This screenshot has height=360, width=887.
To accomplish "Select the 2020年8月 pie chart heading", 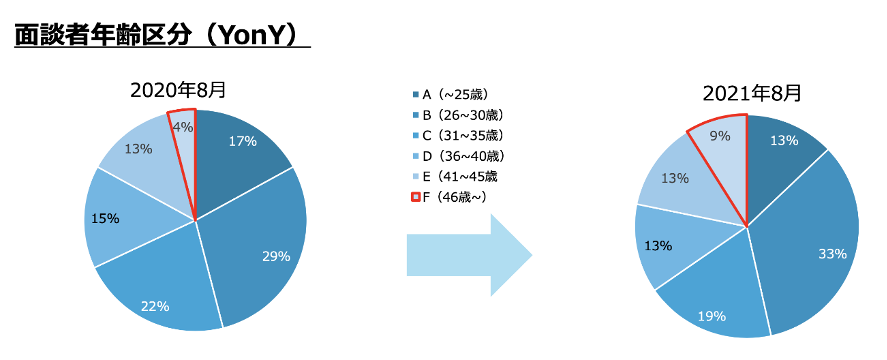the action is (178, 90).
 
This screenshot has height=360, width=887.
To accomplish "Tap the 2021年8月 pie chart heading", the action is (752, 93).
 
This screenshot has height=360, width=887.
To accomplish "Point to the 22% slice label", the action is (155, 306).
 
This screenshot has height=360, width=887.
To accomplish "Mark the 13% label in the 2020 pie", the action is (138, 149).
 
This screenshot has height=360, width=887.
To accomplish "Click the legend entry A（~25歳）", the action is (450, 95).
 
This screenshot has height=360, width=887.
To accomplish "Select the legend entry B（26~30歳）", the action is (458, 115).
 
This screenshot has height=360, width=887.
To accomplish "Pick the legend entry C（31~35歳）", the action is (458, 135).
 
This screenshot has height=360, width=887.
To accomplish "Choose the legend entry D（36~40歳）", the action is (458, 156).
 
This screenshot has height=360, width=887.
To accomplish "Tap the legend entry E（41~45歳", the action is (455, 176).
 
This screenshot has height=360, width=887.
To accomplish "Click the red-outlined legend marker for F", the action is (416, 196).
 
